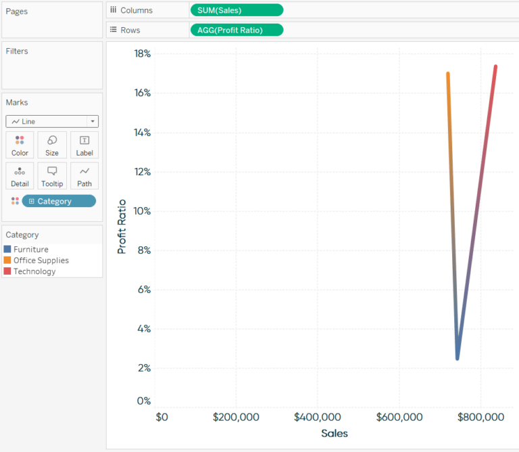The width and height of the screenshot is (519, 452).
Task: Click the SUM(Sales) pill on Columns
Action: (x=237, y=10)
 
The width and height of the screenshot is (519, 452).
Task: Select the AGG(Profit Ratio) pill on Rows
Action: (x=237, y=30)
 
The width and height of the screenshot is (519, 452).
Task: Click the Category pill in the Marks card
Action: (x=59, y=201)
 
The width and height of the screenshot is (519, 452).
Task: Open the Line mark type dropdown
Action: (x=52, y=122)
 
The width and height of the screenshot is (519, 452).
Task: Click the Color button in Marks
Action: (x=20, y=145)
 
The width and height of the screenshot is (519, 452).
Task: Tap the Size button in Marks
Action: (x=52, y=145)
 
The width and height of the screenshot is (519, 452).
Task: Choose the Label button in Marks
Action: (x=84, y=145)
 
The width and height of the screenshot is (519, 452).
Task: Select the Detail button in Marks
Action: (x=20, y=176)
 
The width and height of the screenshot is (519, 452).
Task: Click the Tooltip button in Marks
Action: (x=52, y=176)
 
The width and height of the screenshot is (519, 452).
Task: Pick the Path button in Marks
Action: (x=84, y=176)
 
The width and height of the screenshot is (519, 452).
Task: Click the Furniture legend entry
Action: (x=30, y=249)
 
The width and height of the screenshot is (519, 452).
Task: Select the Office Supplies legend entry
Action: (x=41, y=261)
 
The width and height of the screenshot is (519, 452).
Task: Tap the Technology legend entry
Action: (x=34, y=271)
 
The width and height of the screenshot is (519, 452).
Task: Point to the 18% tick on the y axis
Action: (x=142, y=53)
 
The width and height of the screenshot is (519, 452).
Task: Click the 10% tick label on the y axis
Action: (x=142, y=211)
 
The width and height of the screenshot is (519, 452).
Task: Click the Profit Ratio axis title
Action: (x=122, y=227)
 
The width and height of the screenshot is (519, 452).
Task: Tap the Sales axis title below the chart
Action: (x=335, y=434)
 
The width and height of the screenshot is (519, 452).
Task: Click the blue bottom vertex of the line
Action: (x=458, y=357)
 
